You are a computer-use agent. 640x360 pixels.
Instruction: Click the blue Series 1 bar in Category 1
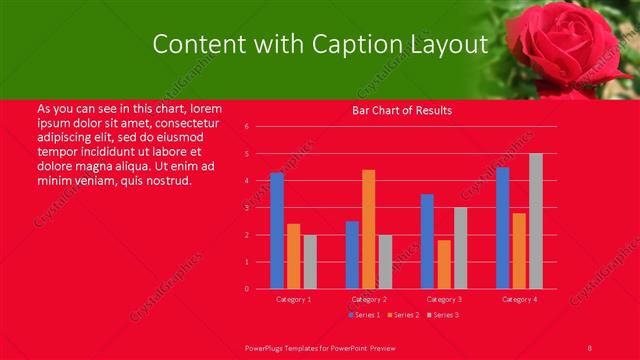coord(277,231)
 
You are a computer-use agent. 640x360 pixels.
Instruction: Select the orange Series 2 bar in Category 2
coord(369,229)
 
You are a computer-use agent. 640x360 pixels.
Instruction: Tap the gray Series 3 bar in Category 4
coord(536,221)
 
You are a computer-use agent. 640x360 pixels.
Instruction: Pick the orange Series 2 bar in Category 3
coord(444,264)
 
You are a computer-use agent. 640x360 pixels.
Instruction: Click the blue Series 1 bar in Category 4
coord(502,228)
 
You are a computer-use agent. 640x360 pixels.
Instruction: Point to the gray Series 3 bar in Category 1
coord(310,262)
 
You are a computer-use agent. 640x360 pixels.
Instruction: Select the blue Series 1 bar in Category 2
coord(352,255)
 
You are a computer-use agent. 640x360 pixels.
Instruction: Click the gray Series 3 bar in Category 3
coord(461,248)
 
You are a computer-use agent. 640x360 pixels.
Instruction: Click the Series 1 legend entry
coord(365,315)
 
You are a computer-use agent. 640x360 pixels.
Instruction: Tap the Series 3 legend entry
coord(444,315)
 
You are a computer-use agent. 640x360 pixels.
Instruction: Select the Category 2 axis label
coord(369,299)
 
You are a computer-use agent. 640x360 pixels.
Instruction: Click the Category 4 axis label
coord(519,299)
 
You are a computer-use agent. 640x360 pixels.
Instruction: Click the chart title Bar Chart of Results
coord(402,110)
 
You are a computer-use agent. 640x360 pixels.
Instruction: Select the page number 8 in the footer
coord(590,346)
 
